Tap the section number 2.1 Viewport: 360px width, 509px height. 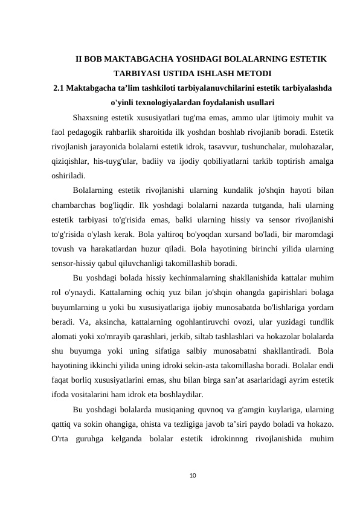[x=60, y=88]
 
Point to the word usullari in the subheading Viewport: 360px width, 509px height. [x=259, y=102]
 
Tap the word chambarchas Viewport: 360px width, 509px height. [x=75, y=205]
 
